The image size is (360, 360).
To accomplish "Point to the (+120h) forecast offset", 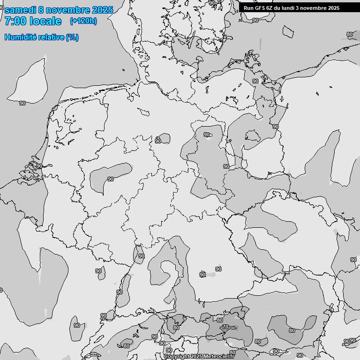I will [x=83, y=21].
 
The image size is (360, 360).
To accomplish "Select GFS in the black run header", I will [x=258, y=8].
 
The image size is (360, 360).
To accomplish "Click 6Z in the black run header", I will [x=269, y=8].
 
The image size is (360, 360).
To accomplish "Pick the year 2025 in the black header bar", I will [x=332, y=8].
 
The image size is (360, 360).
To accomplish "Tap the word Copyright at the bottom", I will [x=177, y=357].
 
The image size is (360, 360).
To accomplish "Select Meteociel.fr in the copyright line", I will [x=219, y=357].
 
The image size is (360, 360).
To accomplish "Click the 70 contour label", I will [x=225, y=327].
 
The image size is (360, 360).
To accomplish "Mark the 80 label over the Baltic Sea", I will [x=350, y=34].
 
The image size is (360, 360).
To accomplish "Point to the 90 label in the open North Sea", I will [x=22, y=103].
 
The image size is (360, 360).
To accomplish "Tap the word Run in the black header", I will [x=248, y=8].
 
